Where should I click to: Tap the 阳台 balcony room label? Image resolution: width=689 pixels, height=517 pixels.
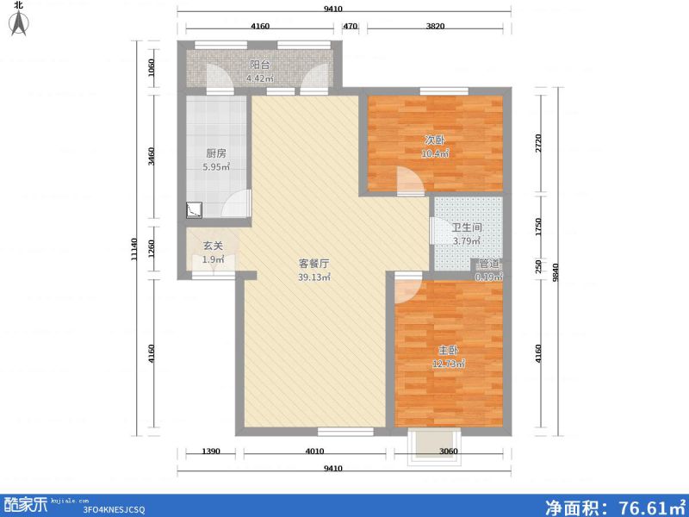[260, 65]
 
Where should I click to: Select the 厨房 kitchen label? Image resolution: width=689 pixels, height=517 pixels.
[215, 153]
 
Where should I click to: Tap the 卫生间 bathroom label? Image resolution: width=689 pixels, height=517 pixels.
[466, 228]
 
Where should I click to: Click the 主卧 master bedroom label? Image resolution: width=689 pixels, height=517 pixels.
[448, 351]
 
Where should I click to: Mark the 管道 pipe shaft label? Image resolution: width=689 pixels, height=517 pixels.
[488, 264]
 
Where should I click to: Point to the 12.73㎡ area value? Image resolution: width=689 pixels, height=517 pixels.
[449, 364]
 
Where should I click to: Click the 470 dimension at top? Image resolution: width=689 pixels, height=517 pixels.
[350, 28]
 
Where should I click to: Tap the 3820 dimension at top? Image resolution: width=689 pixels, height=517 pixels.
[438, 28]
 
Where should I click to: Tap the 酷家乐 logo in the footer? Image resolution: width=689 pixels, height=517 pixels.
[26, 502]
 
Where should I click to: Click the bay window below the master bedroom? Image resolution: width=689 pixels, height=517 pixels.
[427, 443]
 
